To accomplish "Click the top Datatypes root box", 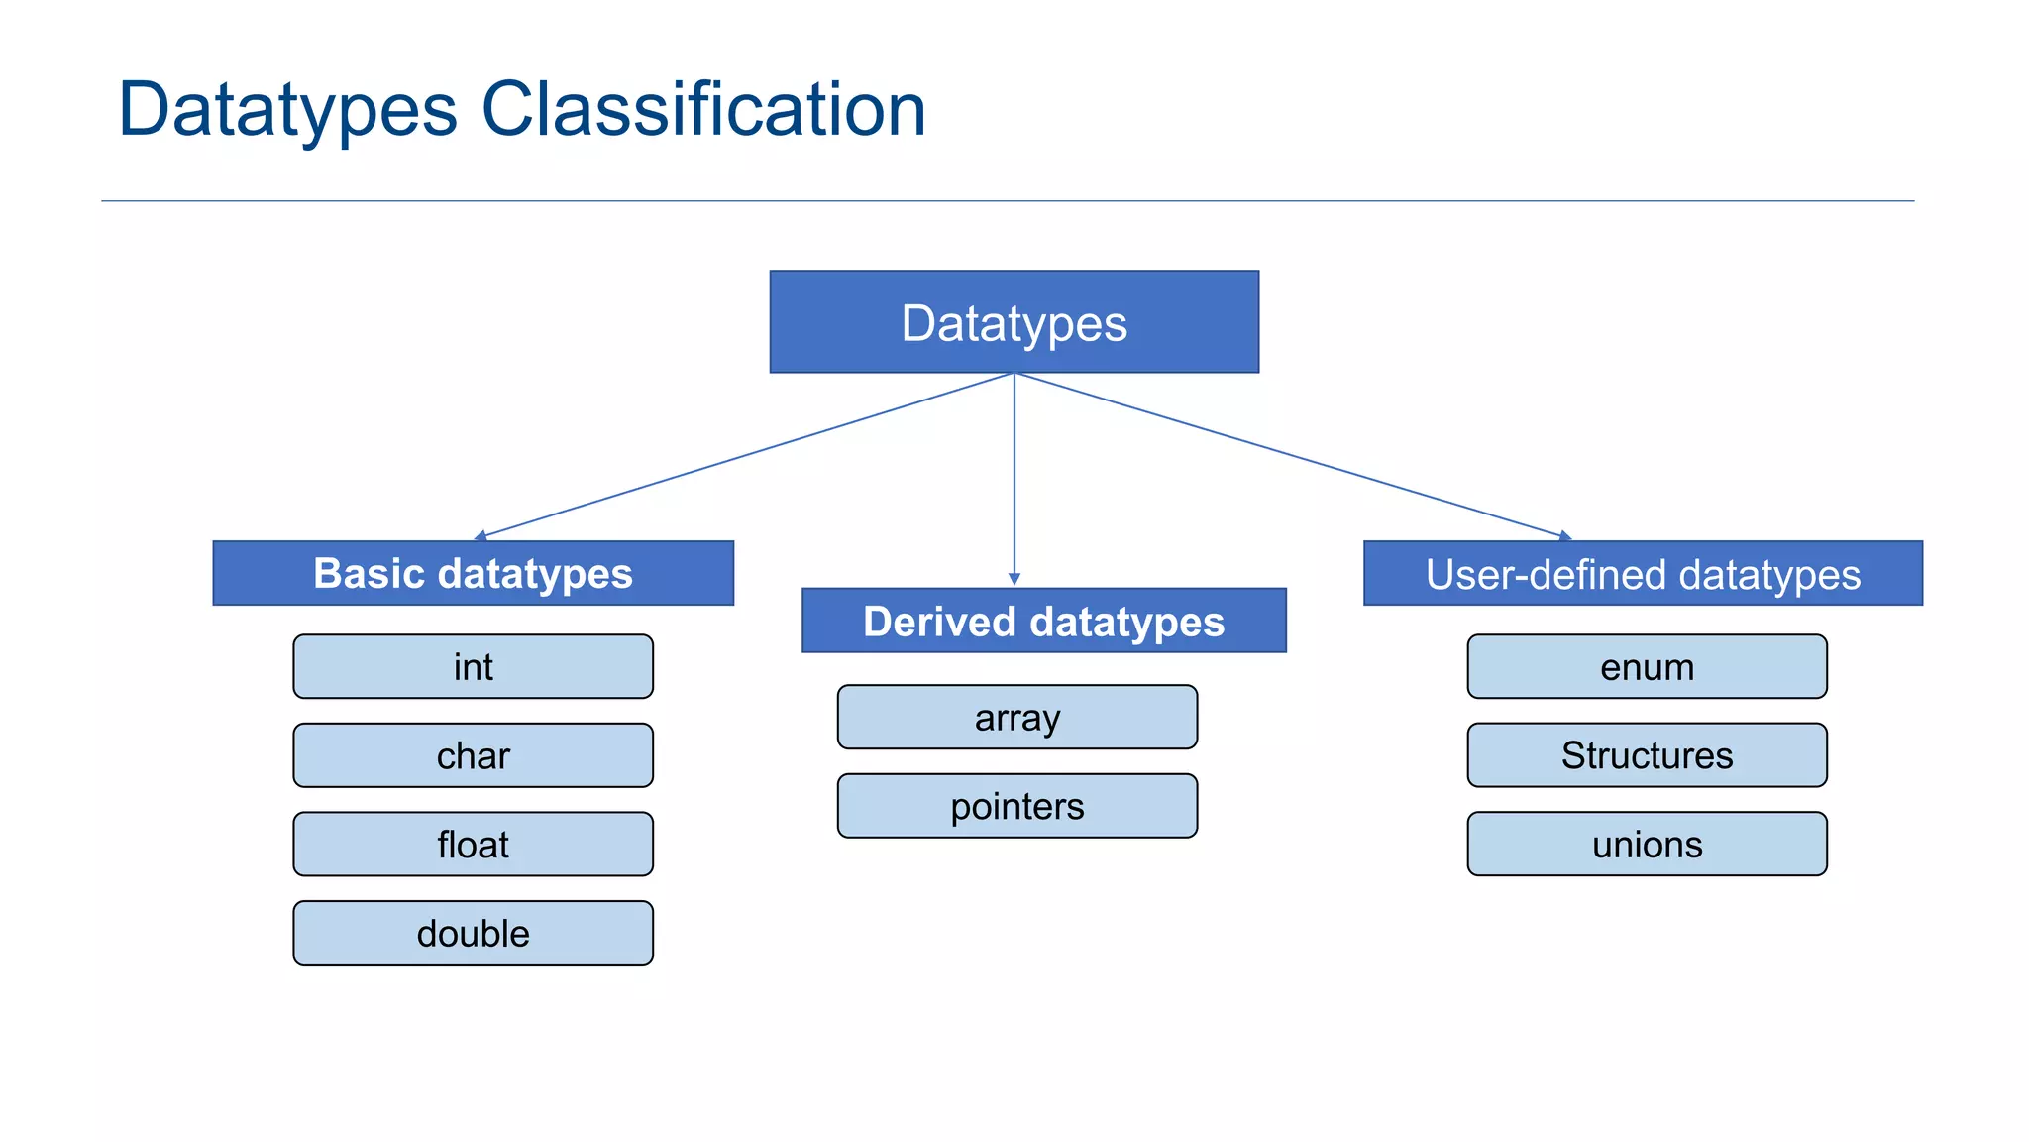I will click(x=1014, y=322).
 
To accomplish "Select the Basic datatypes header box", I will click(x=473, y=573).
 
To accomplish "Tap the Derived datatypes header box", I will click(x=1043, y=621).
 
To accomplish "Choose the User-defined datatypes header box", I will click(x=1643, y=573).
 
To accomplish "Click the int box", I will click(x=473, y=666).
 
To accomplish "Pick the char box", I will click(x=473, y=755).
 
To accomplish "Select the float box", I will click(x=473, y=845).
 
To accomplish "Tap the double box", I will click(x=473, y=933).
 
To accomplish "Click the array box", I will click(x=1016, y=717).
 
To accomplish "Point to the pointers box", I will click(x=1016, y=806).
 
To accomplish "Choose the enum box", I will click(x=1647, y=666).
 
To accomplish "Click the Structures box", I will click(x=1647, y=755).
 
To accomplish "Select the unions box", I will click(x=1647, y=845).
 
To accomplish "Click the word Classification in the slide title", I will click(x=703, y=109).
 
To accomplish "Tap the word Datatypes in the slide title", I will click(x=287, y=109).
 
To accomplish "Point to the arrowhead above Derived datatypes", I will click(x=1014, y=579).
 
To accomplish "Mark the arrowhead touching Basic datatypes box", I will click(x=481, y=536).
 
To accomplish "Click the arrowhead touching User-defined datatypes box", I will click(x=1565, y=536).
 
